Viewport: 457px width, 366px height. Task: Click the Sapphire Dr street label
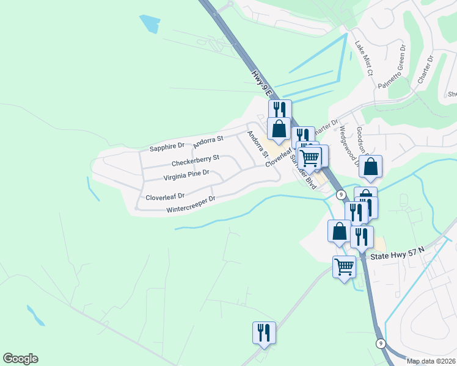point(167,146)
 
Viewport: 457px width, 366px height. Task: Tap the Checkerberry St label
point(195,163)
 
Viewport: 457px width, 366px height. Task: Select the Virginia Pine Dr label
point(186,176)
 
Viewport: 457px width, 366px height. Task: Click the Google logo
point(20,359)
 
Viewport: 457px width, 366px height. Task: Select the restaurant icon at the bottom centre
point(264,332)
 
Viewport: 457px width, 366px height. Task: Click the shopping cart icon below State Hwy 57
point(344,267)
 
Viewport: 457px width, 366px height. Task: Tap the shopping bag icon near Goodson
point(370,166)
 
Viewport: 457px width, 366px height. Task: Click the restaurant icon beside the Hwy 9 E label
point(279,110)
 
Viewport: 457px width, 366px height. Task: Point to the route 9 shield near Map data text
point(381,343)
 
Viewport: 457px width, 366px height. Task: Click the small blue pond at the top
point(150,24)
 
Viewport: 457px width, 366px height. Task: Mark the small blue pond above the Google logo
point(35,315)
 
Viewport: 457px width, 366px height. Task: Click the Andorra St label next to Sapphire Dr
point(208,143)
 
